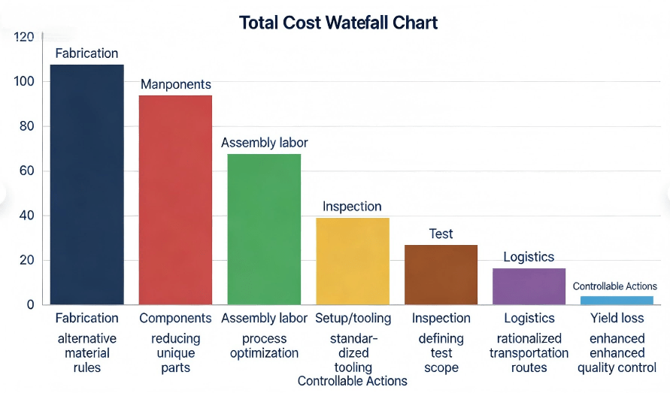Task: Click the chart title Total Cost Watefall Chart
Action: point(338,23)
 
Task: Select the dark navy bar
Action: point(86,184)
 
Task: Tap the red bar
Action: point(175,199)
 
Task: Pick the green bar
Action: point(264,229)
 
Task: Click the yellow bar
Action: point(353,261)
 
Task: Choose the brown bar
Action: point(441,274)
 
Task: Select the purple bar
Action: point(529,286)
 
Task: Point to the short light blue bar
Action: point(617,301)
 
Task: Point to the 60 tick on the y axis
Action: point(26,171)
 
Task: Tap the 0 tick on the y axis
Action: point(30,305)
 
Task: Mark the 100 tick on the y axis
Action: point(24,82)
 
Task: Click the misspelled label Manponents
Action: point(176,85)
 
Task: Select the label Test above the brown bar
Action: point(441,234)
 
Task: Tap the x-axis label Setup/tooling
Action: point(353,319)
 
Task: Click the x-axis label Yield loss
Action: point(617,319)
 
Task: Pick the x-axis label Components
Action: point(175,319)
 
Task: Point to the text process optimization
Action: point(264,346)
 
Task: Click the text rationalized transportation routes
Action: point(529,353)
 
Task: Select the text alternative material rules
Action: point(86,353)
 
